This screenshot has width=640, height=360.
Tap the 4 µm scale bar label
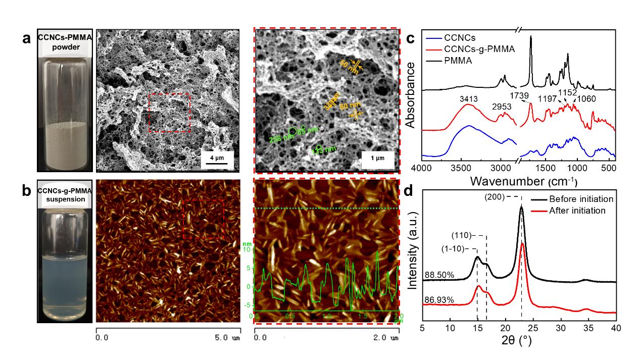(218, 158)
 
